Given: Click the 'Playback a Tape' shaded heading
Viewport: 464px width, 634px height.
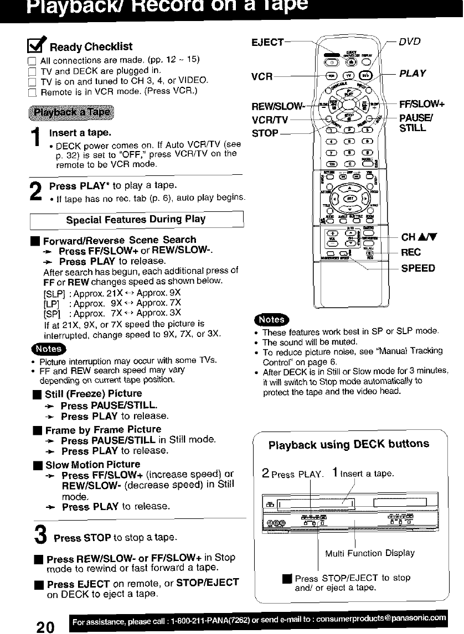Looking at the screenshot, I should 71,112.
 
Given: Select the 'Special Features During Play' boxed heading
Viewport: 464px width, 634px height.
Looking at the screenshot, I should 136,219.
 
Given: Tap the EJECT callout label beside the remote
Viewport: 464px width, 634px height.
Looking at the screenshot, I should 268,43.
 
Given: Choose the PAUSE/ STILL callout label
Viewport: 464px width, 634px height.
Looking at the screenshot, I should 417,123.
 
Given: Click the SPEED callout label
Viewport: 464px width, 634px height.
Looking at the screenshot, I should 417,268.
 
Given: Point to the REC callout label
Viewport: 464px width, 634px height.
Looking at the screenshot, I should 411,253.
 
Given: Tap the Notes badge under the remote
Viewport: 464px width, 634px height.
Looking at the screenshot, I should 269,319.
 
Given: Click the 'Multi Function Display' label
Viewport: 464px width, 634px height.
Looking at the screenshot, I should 370,553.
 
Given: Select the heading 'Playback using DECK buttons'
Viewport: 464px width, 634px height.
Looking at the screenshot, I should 348,444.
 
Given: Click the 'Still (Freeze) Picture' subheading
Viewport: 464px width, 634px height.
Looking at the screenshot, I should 93,393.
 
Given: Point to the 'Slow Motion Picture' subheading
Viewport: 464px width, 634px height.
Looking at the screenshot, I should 92,464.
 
